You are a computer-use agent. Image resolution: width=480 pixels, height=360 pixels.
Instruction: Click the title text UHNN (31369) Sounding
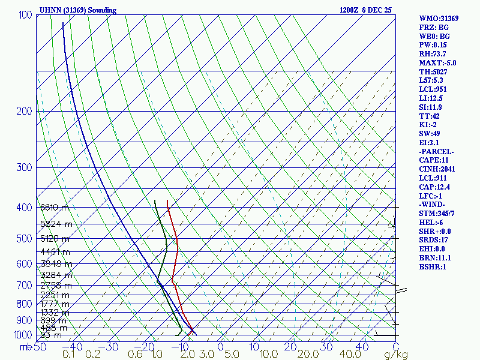(78, 10)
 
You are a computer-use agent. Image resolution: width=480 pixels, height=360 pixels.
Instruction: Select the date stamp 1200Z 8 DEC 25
(365, 10)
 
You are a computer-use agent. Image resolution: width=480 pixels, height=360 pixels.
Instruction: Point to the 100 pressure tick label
(25, 15)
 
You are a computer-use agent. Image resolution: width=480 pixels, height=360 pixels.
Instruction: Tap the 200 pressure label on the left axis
(25, 112)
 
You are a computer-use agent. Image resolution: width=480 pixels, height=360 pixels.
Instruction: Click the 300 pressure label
(25, 167)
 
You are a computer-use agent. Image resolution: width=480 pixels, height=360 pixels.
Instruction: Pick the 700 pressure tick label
(25, 286)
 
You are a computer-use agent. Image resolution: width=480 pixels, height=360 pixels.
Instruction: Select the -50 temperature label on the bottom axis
(37, 346)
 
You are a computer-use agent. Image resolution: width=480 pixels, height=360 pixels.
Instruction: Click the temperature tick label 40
(361, 346)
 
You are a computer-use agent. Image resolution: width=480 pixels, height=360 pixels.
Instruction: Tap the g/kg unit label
(396, 355)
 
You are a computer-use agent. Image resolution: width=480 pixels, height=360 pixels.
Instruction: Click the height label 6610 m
(54, 208)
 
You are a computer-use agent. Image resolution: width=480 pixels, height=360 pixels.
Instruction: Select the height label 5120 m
(54, 238)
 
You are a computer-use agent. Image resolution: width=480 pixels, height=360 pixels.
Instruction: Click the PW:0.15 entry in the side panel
(433, 45)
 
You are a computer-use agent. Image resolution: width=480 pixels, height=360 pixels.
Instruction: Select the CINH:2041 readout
(437, 169)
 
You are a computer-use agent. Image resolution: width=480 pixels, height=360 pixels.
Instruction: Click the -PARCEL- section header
(437, 151)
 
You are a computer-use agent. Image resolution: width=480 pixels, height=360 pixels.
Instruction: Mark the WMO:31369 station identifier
(439, 19)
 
